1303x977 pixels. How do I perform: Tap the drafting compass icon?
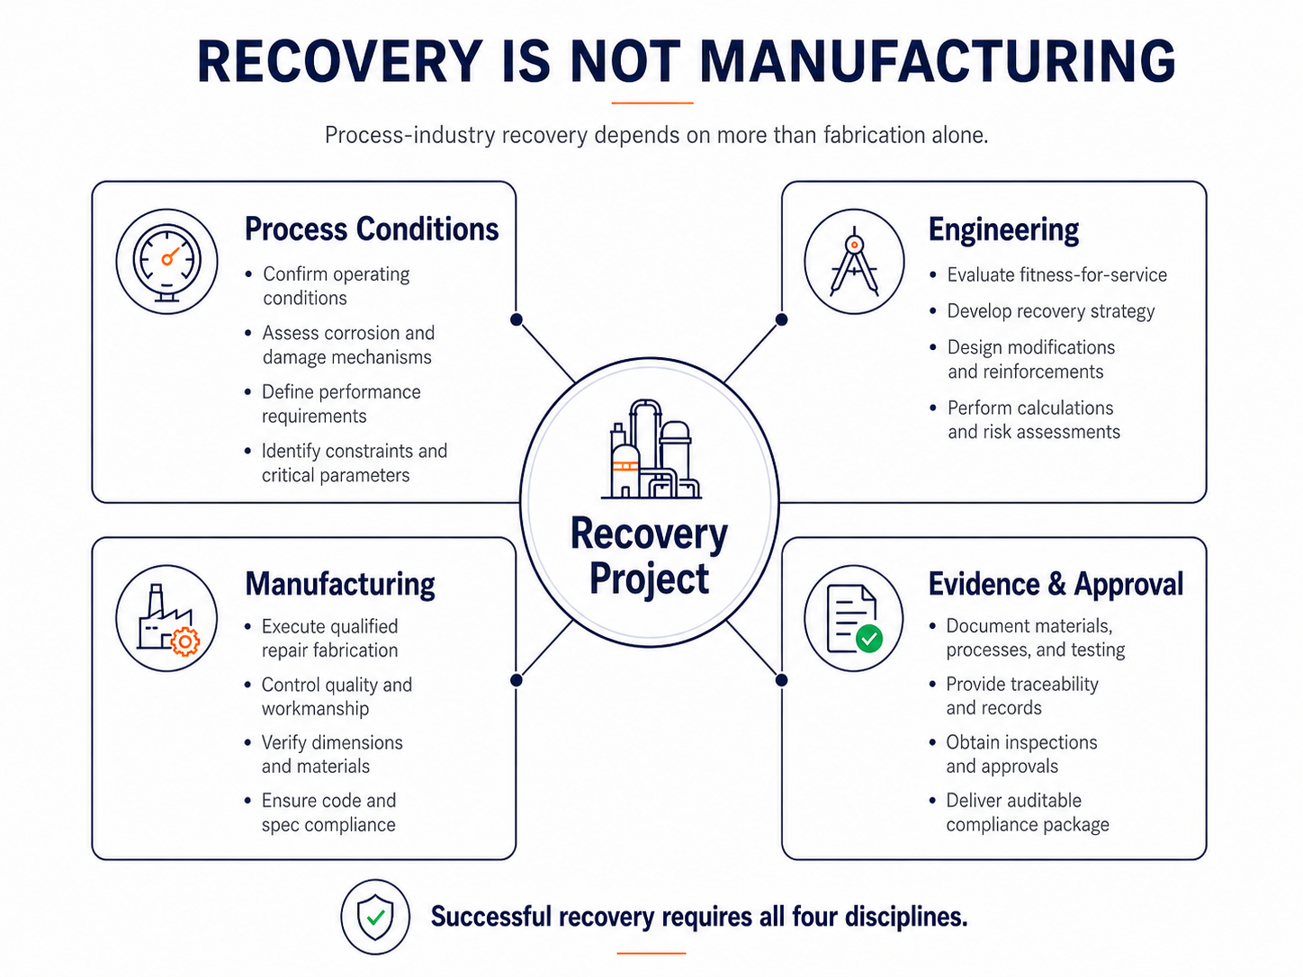(x=854, y=261)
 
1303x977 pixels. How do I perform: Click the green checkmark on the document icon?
(x=869, y=638)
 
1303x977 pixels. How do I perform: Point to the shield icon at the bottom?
(x=375, y=917)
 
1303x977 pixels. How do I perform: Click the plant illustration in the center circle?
(x=651, y=449)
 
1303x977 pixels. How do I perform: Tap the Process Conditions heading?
(x=372, y=229)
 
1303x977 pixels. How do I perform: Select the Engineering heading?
(x=1003, y=230)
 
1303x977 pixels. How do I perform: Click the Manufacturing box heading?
(x=339, y=584)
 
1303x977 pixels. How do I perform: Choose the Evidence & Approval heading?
(x=1056, y=584)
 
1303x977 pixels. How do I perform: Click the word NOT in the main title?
(x=625, y=61)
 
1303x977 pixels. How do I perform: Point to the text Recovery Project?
(x=650, y=555)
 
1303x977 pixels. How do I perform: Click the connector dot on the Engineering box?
(x=782, y=319)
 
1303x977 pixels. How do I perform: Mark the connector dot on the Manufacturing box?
(x=517, y=680)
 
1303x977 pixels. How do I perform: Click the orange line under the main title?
(x=652, y=103)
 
